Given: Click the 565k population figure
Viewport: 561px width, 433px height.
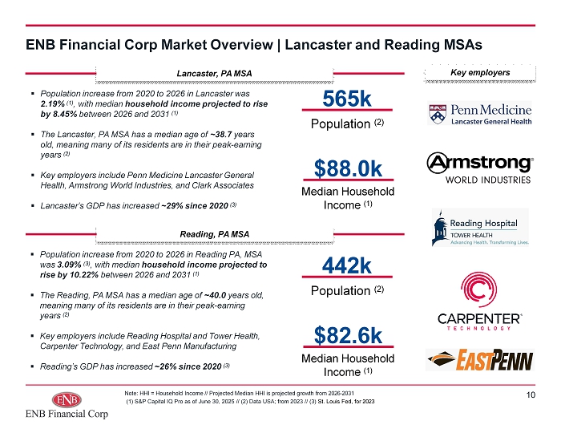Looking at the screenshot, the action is tap(347, 99).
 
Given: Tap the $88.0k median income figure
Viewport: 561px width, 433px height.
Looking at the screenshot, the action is tap(348, 168).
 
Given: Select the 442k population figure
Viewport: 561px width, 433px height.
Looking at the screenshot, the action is tap(347, 265).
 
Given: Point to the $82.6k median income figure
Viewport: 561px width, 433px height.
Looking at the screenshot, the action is tap(348, 335).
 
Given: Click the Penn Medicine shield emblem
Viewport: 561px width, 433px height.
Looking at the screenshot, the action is tap(438, 114).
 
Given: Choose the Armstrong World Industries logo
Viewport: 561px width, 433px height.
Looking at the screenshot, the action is tap(480, 168).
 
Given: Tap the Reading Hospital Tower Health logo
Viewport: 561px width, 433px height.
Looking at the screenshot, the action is tap(480, 228).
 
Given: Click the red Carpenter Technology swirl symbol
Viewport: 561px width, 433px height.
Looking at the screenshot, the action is tap(478, 289).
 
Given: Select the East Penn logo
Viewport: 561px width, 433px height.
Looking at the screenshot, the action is tap(480, 360).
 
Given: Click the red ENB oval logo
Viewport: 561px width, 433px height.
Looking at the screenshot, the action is tap(67, 399).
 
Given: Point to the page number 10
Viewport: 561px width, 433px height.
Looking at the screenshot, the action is tap(531, 395).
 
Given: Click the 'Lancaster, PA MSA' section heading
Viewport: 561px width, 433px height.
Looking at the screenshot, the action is tap(214, 74).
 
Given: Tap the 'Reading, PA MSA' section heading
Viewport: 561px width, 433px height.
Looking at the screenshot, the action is tap(214, 234).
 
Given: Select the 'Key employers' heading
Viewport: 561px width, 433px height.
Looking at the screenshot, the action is tap(480, 73).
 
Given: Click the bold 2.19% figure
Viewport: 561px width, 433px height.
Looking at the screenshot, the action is tap(52, 104).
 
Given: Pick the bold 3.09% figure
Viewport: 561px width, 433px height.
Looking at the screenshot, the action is tap(69, 265).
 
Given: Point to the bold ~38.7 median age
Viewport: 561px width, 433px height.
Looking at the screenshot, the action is tap(221, 135).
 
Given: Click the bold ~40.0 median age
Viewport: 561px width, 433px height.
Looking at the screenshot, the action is tap(215, 295).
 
